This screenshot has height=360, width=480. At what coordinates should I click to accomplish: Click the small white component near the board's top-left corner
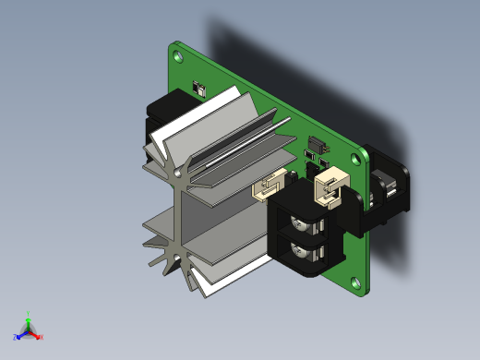point(197,90)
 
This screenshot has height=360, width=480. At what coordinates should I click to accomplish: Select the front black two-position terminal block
point(309,231)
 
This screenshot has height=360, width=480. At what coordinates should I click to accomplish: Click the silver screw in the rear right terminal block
point(389,191)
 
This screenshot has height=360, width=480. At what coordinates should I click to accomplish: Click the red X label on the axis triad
point(42,337)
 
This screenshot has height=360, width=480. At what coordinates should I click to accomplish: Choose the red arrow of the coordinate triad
point(36,334)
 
